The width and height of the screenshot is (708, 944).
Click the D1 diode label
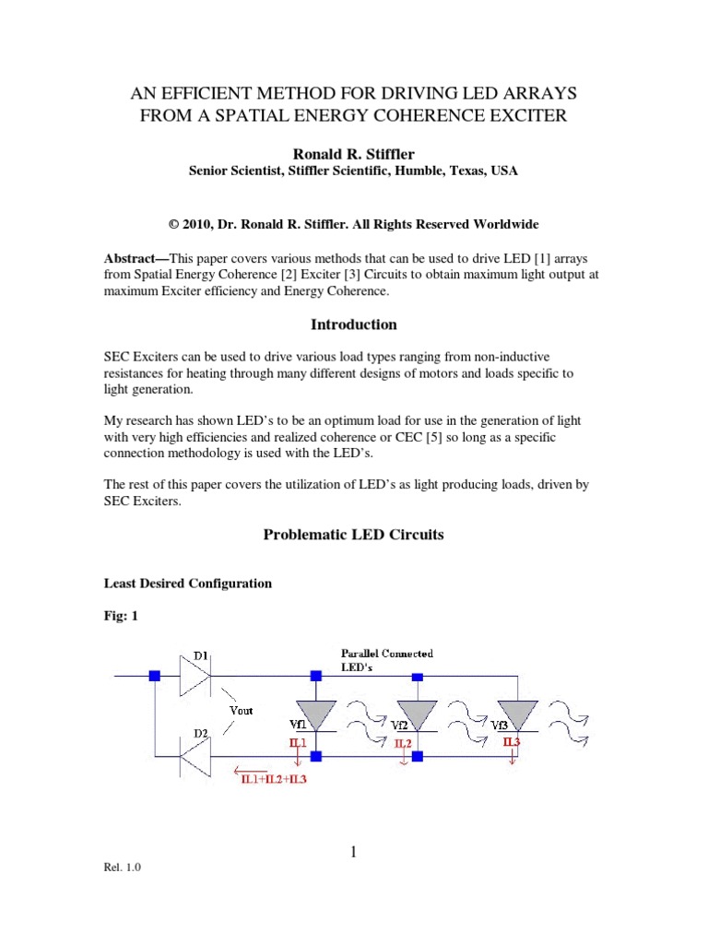coord(199,656)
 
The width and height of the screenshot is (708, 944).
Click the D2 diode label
coord(199,734)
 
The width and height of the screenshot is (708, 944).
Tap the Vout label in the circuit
coord(242,710)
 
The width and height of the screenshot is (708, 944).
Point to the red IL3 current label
coord(513,740)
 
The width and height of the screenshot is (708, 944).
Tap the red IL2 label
coord(403,742)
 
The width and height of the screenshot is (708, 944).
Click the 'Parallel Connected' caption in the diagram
coord(387,654)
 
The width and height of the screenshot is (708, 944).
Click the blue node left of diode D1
coord(155,676)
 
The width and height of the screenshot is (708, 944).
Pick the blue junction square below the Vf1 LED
coord(316,756)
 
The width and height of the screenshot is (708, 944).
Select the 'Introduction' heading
coord(354,324)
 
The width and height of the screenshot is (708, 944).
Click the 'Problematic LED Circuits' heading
coord(354,535)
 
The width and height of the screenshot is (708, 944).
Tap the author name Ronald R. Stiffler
coord(354,152)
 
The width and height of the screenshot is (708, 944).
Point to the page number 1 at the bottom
coord(353,853)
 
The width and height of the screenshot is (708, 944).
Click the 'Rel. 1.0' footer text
coord(122,867)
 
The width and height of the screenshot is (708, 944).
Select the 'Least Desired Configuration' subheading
coord(187,584)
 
